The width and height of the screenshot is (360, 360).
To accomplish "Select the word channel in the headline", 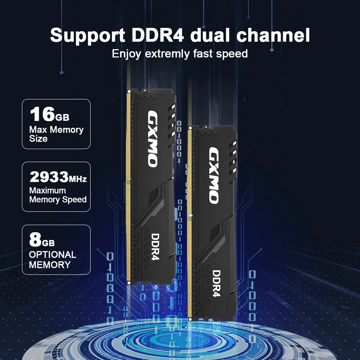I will pyautogui.click(x=273, y=35).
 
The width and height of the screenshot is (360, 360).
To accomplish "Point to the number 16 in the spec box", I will pyautogui.click(x=42, y=114).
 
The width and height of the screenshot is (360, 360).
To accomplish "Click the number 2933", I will pyautogui.click(x=49, y=177).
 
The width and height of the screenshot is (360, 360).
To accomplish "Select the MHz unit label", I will pyautogui.click(x=78, y=179).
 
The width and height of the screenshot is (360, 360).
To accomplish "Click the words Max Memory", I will pyautogui.click(x=56, y=130).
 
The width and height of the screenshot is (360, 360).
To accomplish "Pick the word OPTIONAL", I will pyautogui.click(x=52, y=255).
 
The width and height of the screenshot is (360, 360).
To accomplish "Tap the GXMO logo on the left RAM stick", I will pyautogui.click(x=152, y=139).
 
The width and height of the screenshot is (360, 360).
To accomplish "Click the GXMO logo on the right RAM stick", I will pyautogui.click(x=214, y=175).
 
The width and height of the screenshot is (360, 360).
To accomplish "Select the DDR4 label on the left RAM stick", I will pyautogui.click(x=155, y=247).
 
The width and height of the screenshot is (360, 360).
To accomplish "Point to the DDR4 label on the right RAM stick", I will pyautogui.click(x=216, y=283).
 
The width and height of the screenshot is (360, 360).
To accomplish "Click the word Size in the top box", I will pyautogui.click(x=38, y=139).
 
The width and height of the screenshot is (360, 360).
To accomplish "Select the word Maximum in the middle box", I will pyautogui.click(x=47, y=190).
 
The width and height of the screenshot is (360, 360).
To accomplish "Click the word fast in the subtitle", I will pyautogui.click(x=203, y=54).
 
